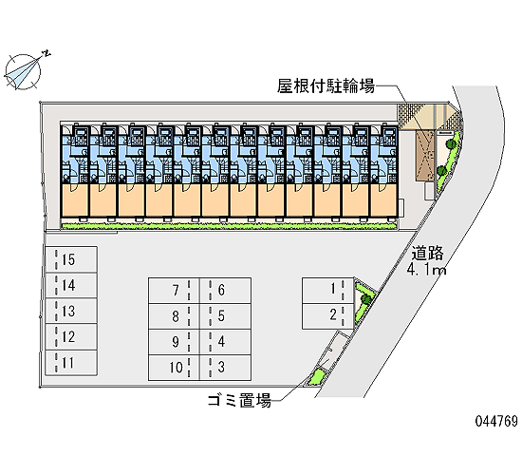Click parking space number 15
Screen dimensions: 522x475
point(71,259)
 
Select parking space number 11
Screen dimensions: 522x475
point(71,363)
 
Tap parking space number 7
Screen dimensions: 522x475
point(174,291)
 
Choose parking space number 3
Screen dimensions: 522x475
point(225,368)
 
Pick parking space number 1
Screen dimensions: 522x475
point(328,291)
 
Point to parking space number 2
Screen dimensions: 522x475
point(328,316)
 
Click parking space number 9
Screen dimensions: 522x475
point(174,342)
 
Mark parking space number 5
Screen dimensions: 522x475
point(225,316)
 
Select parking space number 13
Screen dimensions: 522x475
point(71,311)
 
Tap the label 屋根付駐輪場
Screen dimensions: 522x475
point(326,86)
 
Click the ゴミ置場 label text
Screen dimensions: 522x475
point(239,400)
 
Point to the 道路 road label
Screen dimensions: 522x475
point(427,253)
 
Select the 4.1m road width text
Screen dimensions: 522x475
point(426,270)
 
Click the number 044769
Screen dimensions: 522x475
point(496,422)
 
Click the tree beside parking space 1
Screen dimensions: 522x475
point(366,298)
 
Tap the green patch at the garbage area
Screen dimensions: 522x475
point(316,378)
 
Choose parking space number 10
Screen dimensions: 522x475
point(174,368)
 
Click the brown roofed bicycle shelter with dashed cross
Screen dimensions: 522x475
point(425,156)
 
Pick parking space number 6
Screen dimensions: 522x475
point(225,291)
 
